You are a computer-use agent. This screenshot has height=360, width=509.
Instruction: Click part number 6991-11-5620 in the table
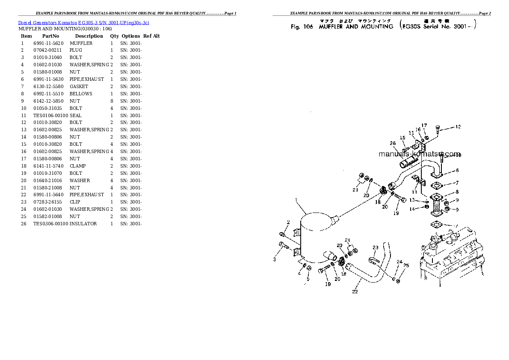tap(48, 43)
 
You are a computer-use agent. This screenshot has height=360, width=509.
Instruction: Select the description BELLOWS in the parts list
tap(81, 94)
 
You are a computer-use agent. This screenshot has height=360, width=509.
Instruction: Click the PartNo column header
tap(50, 36)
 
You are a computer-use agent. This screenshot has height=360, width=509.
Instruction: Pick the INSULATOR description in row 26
tap(83, 224)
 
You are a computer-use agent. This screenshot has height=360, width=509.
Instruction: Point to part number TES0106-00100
tap(50, 115)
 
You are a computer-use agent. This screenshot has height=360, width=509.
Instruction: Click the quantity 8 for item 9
tap(112, 101)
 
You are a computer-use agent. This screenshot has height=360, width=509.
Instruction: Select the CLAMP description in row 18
tap(77, 166)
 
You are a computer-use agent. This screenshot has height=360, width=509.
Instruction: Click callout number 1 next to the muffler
tap(296, 200)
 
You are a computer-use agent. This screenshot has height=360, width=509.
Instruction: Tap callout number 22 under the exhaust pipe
tap(355, 292)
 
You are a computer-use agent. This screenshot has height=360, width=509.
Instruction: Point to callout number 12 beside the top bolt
tap(458, 127)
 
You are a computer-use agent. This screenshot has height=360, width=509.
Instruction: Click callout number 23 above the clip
tap(376, 247)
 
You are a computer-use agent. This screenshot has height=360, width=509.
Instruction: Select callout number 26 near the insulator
tap(393, 143)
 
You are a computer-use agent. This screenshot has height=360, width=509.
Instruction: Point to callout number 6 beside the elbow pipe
tap(457, 170)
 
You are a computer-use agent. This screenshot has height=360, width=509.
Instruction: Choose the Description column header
tap(89, 36)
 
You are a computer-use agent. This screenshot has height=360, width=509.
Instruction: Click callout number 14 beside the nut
tap(412, 209)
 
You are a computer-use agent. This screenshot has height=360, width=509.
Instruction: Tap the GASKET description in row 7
tap(79, 86)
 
